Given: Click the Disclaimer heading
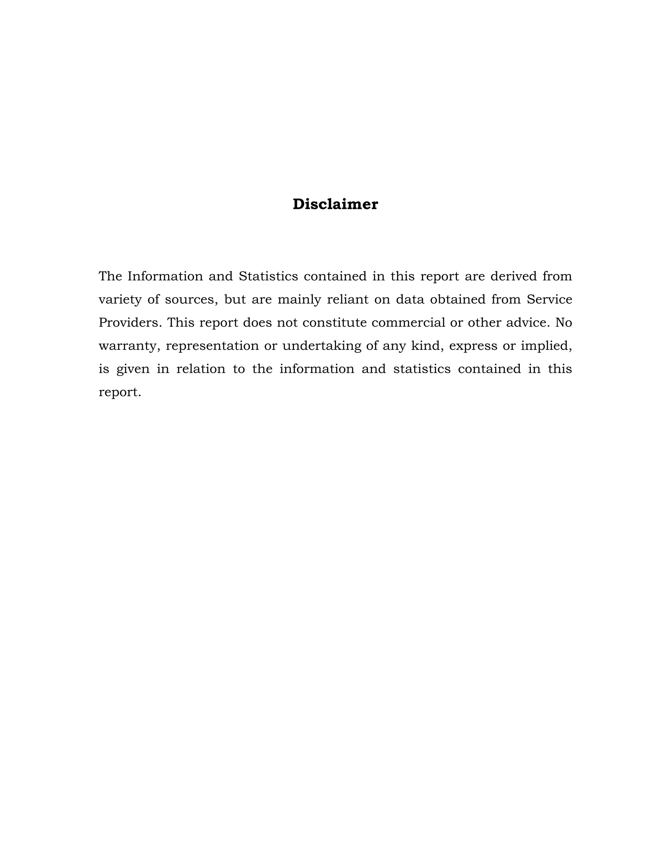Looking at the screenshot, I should tap(335, 204).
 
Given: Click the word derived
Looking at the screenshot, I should tap(514, 276).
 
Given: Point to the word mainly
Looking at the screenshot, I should tap(299, 300).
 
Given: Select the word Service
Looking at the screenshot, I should tap(549, 299).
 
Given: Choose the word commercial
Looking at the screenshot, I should tap(408, 323).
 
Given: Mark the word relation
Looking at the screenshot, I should tap(201, 369).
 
